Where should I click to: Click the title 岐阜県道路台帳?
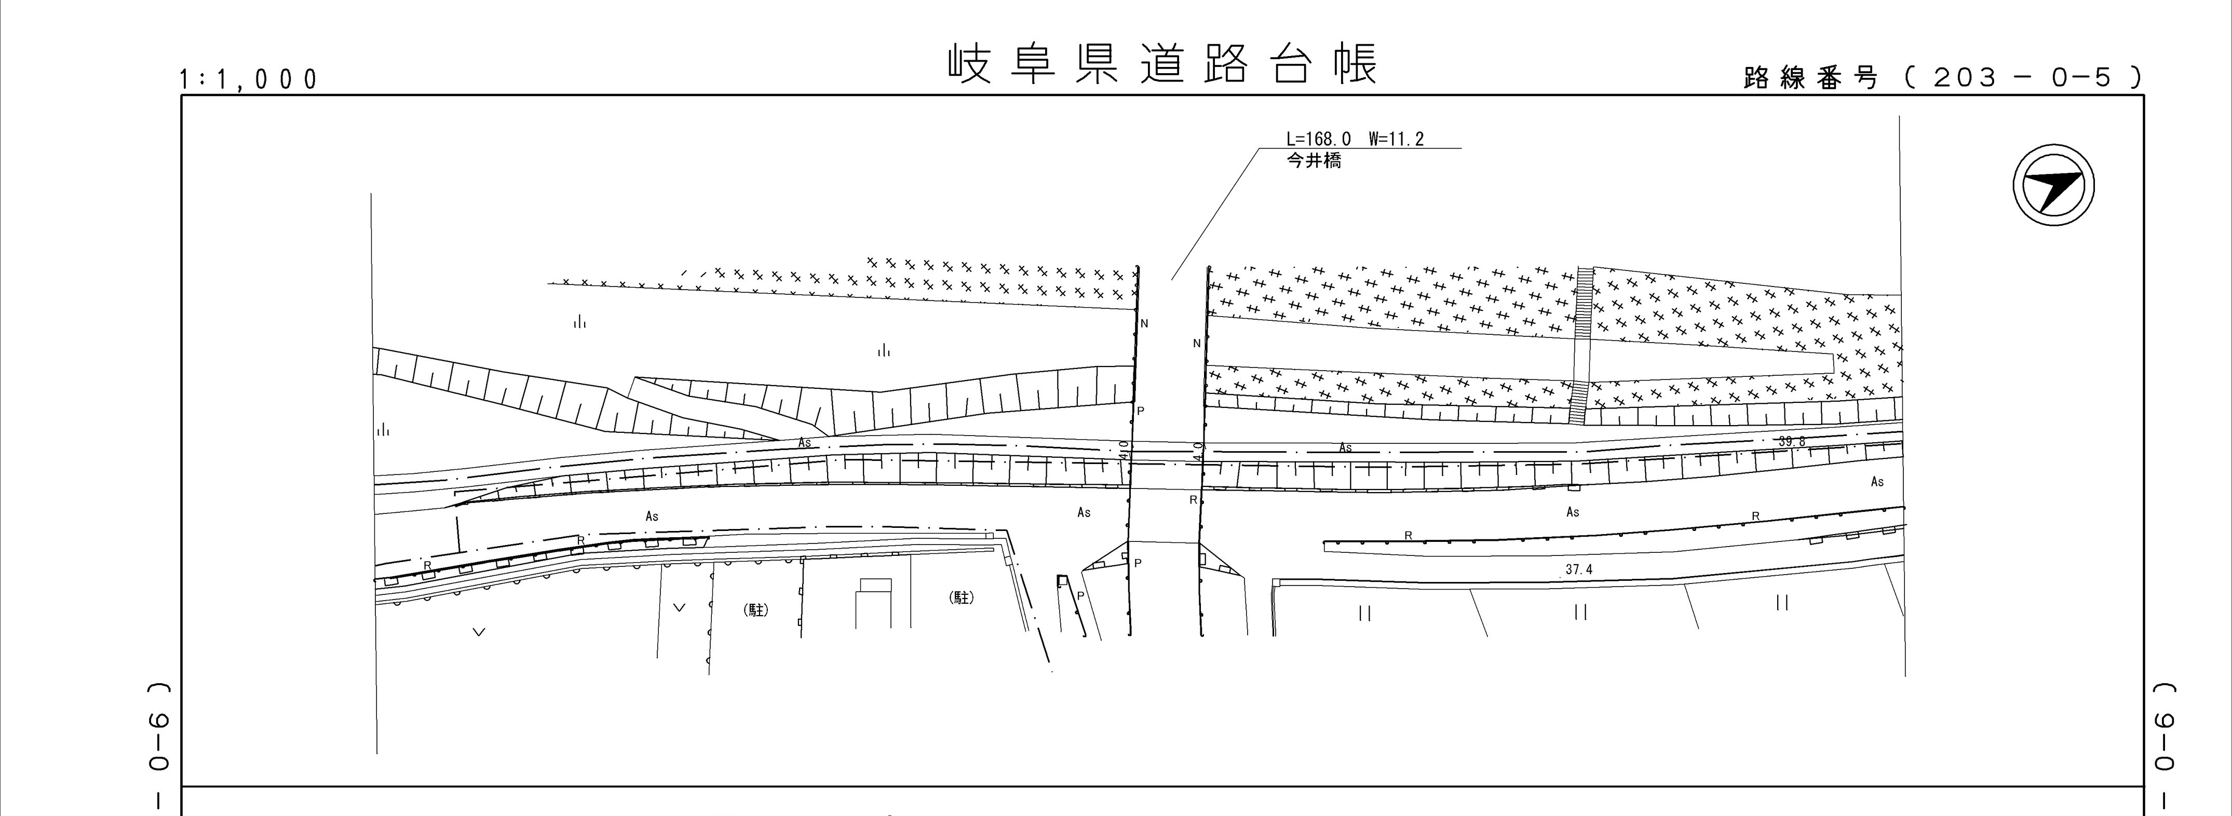pos(1162,65)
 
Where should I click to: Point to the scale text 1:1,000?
pos(249,80)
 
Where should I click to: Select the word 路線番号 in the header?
pos(1810,78)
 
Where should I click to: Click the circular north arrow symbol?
pos(2053,187)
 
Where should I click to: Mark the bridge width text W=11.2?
pos(1396,139)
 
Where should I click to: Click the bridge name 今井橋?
pos(1314,160)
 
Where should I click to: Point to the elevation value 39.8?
pos(1791,442)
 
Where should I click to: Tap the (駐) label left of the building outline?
pos(756,610)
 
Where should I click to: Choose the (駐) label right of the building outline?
pos(962,597)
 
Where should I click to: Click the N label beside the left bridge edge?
pos(1145,324)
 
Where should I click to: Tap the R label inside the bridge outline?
pos(1193,500)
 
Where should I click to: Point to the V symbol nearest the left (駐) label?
pos(679,608)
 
